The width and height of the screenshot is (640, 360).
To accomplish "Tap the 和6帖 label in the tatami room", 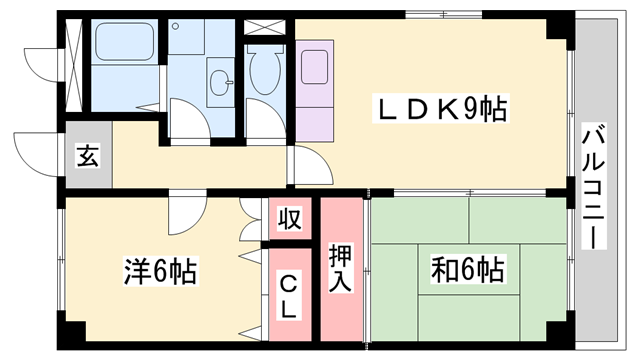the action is pyautogui.click(x=467, y=269).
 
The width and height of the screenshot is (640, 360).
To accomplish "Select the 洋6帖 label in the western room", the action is pyautogui.click(x=160, y=270).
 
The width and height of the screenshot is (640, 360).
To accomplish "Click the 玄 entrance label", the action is pyautogui.click(x=87, y=156).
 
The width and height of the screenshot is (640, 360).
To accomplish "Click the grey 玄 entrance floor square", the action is pyautogui.click(x=87, y=157).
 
